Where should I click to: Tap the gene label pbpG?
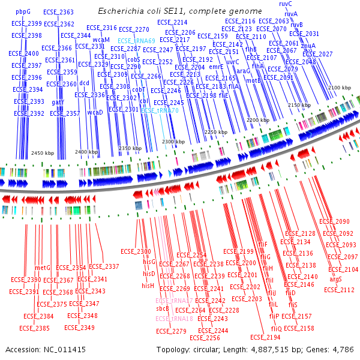tap(23, 11)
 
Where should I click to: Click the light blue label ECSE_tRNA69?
tap(137, 41)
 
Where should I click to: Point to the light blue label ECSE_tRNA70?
tap(160, 110)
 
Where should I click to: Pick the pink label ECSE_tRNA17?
tap(174, 300)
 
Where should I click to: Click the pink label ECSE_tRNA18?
tap(174, 319)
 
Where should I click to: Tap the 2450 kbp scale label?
tap(43, 153)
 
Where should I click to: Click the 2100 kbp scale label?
tap(340, 88)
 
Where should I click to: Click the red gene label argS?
tap(336, 280)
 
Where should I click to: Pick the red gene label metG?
tap(43, 268)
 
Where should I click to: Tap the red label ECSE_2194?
tap(265, 338)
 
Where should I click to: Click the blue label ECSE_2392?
tap(29, 113)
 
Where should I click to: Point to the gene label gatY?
tap(58, 102)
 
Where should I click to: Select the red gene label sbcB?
tap(163, 308)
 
